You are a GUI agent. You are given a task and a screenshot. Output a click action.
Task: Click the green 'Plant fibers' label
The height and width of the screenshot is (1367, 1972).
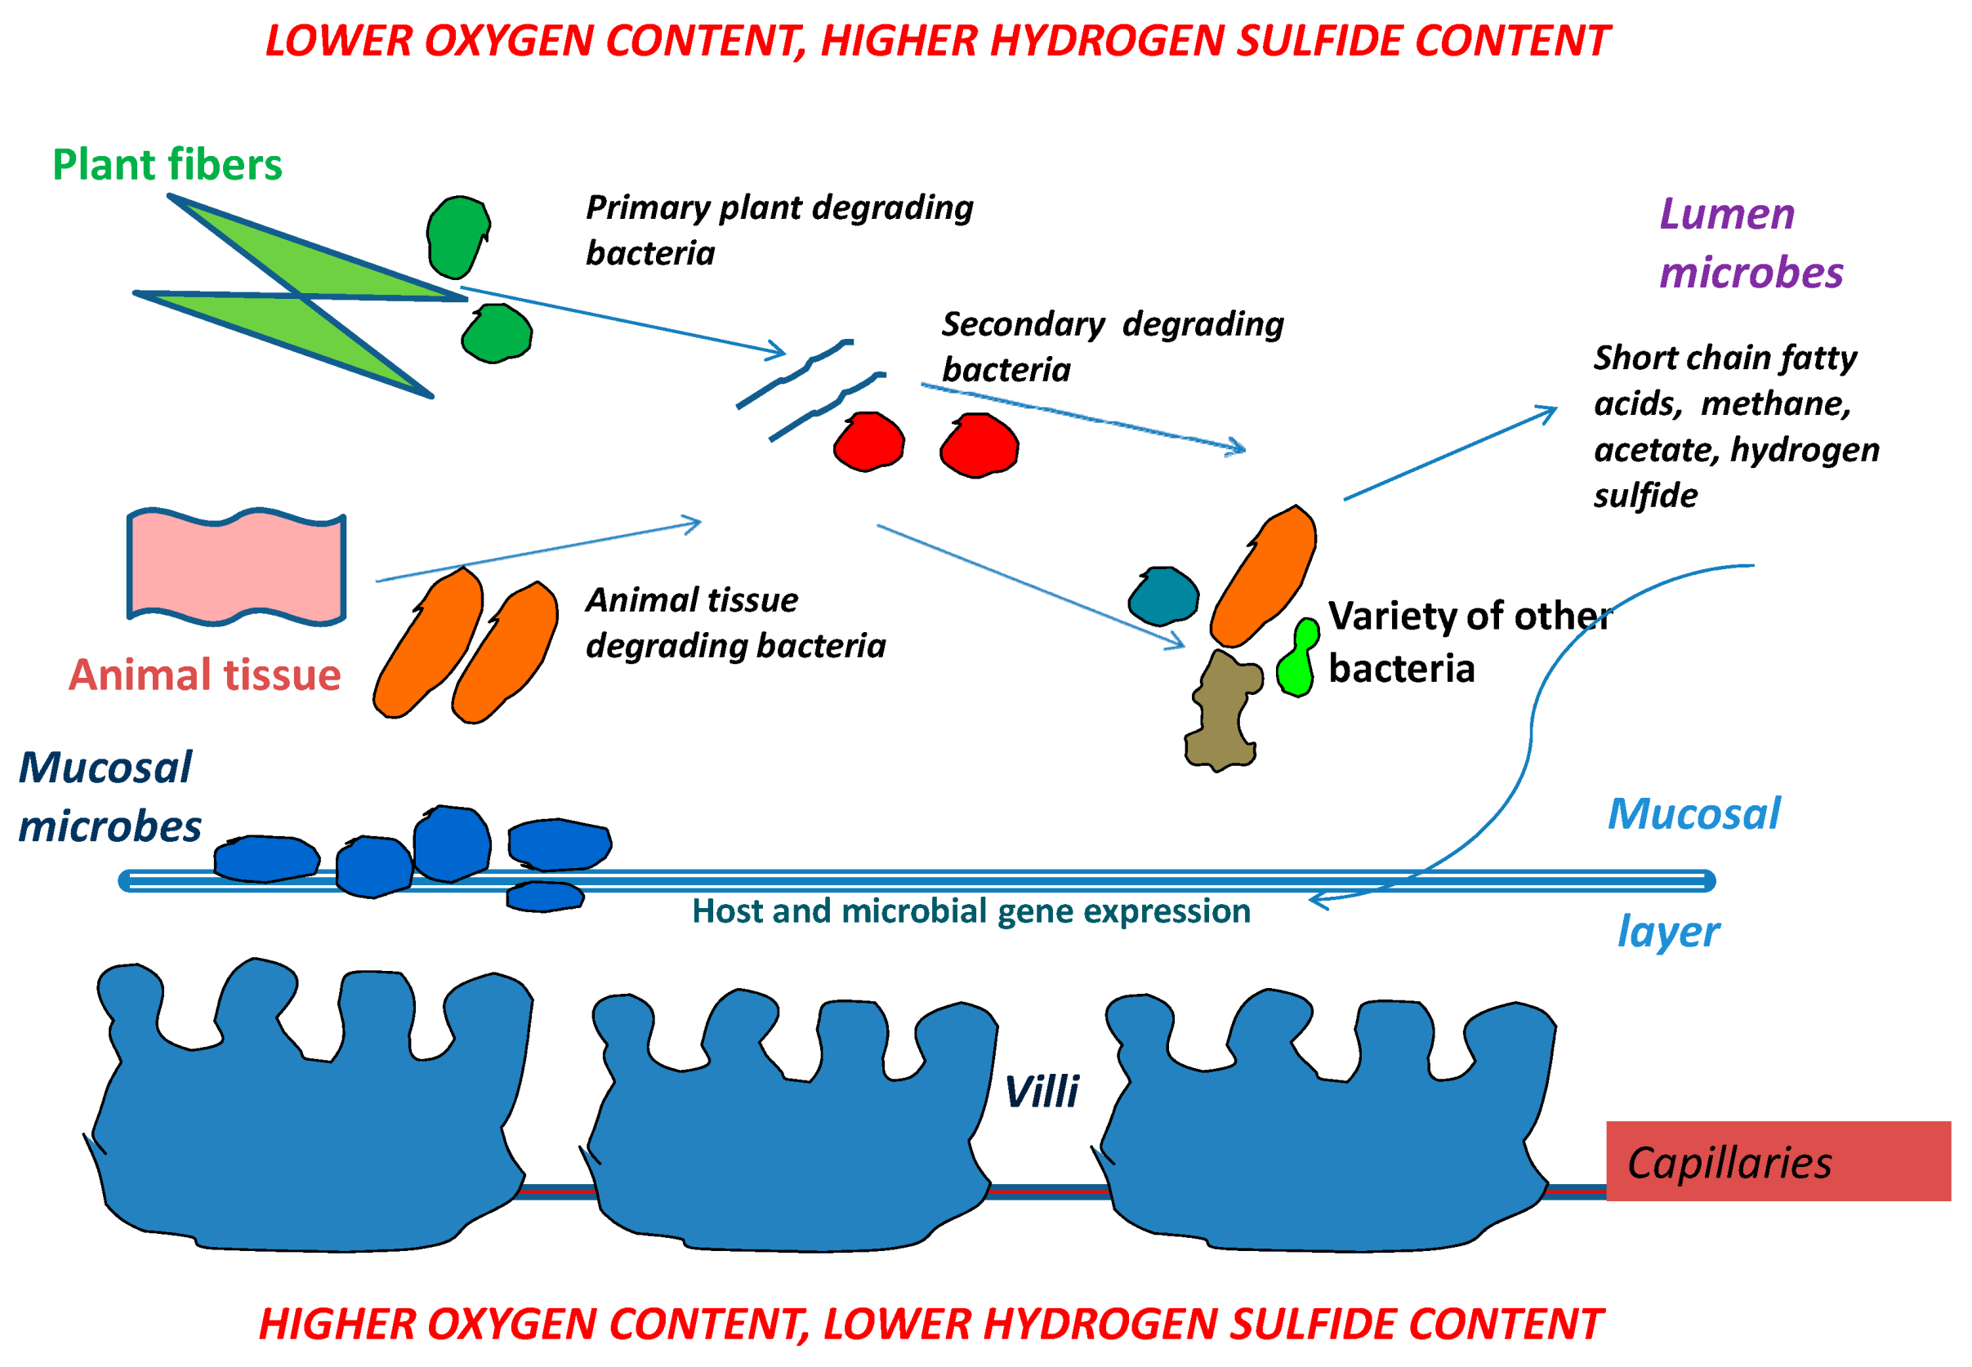(x=167, y=164)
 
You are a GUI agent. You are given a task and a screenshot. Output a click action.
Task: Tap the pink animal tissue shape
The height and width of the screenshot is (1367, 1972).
(x=235, y=566)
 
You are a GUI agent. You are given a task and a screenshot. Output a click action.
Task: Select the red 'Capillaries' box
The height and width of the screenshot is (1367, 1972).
(x=1777, y=1161)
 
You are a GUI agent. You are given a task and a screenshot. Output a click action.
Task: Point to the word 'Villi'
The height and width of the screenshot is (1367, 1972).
(x=1041, y=1091)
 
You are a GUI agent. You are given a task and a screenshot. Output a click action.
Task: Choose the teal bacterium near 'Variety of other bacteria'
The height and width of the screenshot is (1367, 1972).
(x=1162, y=596)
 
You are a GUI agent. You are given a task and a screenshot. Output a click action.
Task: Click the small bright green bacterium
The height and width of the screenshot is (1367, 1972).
(x=1297, y=660)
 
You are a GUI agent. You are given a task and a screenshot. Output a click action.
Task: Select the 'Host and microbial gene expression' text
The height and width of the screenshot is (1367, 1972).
(x=970, y=911)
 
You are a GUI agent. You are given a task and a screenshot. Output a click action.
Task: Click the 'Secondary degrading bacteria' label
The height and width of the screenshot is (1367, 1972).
(x=1111, y=347)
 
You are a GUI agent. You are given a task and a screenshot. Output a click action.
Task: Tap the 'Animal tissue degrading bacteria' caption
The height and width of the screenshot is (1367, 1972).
(x=734, y=623)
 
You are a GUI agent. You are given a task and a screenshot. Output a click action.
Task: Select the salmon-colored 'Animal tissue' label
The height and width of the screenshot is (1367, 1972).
(x=205, y=675)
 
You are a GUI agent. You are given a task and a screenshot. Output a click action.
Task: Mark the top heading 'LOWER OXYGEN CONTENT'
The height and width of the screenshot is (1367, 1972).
(x=936, y=41)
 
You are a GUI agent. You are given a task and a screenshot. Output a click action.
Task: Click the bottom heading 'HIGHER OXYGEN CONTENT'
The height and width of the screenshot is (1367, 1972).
(x=930, y=1325)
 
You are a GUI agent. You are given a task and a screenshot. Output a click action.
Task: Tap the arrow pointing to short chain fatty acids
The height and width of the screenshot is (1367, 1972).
(x=1448, y=454)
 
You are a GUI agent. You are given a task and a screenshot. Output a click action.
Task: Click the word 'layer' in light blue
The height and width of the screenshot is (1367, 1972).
(x=1667, y=932)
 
